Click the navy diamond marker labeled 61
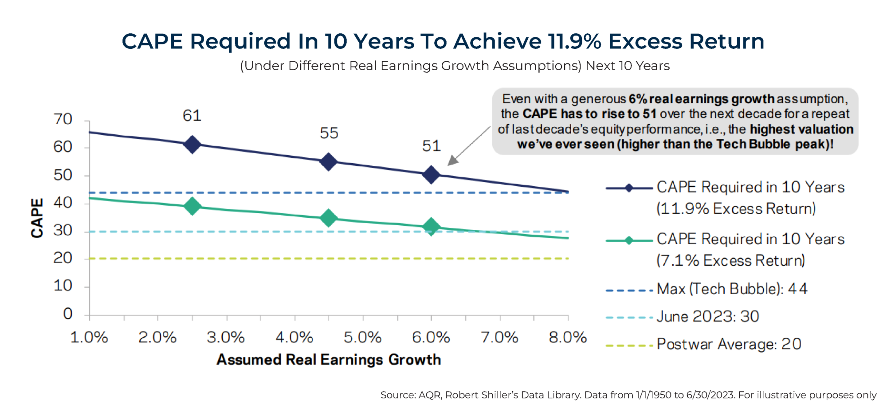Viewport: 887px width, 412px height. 192,145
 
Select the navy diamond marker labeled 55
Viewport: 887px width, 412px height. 329,162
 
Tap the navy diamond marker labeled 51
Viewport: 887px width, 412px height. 431,175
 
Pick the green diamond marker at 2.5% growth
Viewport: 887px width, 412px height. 192,206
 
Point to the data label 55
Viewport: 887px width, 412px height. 329,133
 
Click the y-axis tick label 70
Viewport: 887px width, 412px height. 63,119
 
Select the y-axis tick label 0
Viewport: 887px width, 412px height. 68,314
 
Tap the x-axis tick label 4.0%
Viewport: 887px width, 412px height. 294,337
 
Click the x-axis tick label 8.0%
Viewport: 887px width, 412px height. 568,337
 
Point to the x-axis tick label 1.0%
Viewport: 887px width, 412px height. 89,337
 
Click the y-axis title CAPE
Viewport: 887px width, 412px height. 37,218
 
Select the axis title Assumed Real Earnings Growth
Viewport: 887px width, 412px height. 329,360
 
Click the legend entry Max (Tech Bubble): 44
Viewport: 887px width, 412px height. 732,289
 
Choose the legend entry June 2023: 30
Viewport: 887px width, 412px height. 708,317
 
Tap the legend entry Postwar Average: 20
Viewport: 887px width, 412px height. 729,344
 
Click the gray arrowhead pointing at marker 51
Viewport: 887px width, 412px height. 452,161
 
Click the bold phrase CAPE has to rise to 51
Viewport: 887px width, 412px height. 589,114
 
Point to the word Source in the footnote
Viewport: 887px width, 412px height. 398,395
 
